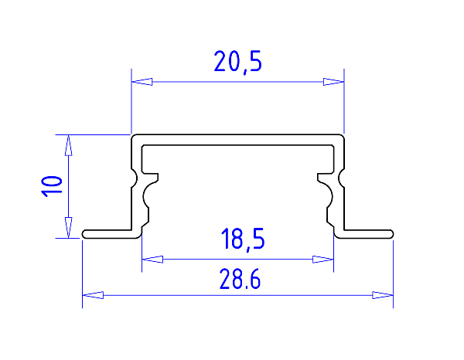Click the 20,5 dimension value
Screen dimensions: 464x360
tap(237, 62)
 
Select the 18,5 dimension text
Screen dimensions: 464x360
tap(243, 239)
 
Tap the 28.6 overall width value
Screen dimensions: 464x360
tap(240, 279)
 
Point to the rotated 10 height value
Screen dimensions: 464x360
tap(52, 186)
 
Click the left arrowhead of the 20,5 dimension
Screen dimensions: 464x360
tap(142, 82)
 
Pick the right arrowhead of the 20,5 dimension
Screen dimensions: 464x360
tap(333, 82)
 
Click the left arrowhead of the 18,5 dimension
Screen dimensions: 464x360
tap(152, 260)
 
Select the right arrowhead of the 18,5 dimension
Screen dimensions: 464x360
tap(323, 260)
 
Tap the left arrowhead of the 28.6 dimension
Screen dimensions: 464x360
tap(93, 295)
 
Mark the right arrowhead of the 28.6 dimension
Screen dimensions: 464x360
tap(383, 295)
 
